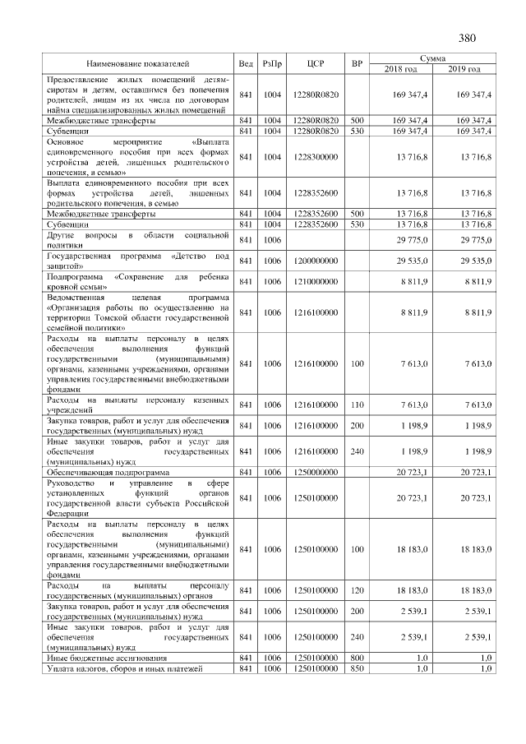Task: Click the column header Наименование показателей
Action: click(x=137, y=63)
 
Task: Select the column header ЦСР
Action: click(x=316, y=63)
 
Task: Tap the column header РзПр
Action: click(x=272, y=63)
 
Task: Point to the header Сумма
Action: click(x=432, y=58)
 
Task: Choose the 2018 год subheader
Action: click(x=401, y=68)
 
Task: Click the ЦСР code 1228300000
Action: click(x=316, y=157)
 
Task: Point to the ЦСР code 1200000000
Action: click(x=316, y=261)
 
